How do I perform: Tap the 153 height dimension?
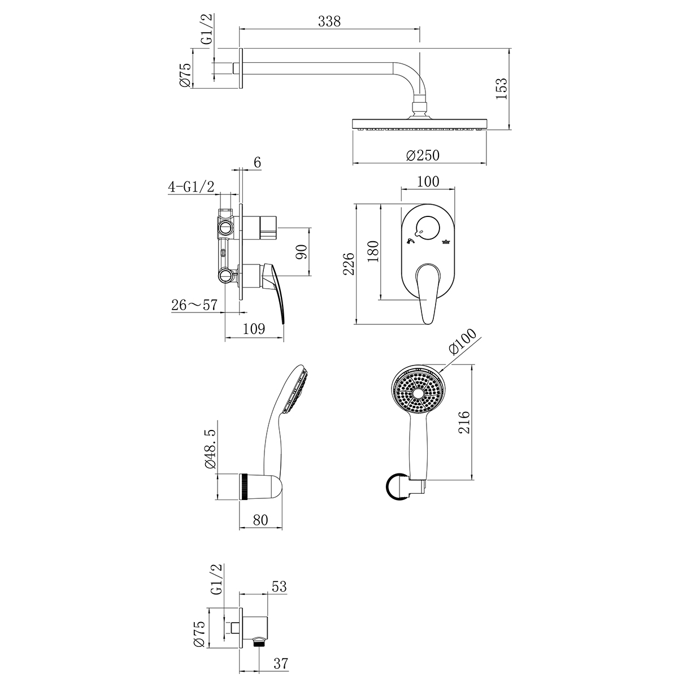501,88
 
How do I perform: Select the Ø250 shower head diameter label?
422,155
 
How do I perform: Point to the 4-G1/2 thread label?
191,187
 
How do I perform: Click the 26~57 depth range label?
194,305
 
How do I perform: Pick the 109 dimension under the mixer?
253,329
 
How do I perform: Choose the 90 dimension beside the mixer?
301,252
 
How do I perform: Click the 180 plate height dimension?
373,251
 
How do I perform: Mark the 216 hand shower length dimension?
463,422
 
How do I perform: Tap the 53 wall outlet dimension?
279,587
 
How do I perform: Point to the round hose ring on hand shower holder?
397,486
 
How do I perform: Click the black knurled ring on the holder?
245,486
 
